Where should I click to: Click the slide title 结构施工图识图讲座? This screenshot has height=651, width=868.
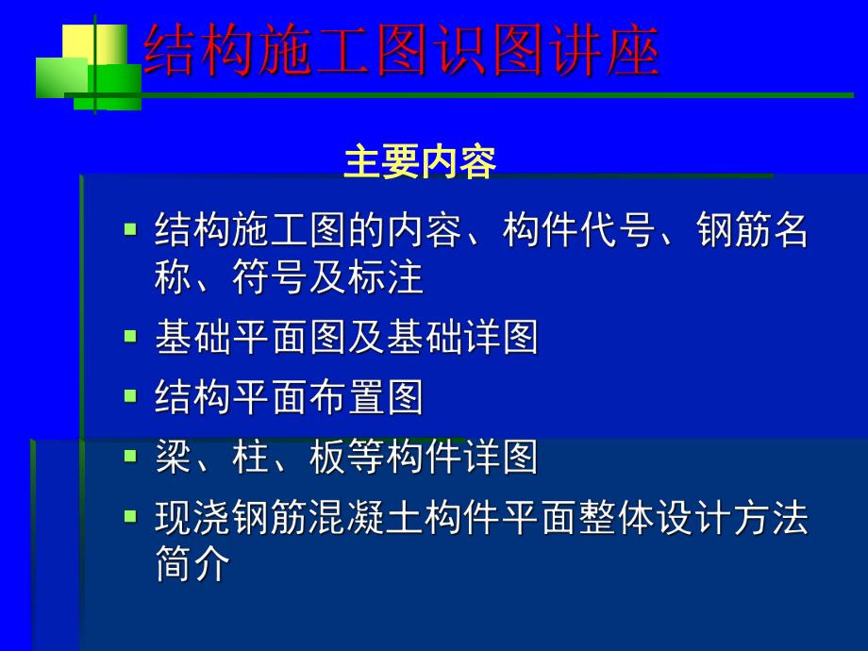[x=401, y=52]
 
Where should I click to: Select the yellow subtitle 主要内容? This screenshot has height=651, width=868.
[x=420, y=162]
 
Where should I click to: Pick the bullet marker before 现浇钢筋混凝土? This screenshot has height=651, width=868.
[x=130, y=515]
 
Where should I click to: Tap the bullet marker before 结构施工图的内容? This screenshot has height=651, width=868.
[x=130, y=227]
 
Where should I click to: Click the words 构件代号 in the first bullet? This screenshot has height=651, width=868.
[x=577, y=230]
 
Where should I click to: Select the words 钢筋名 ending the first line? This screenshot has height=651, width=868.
[x=752, y=230]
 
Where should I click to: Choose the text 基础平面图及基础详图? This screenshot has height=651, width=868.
[x=346, y=338]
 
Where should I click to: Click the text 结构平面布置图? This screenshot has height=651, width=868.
[x=289, y=398]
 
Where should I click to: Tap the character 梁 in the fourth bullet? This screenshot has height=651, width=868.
[x=173, y=458]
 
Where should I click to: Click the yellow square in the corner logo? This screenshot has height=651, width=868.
[x=94, y=43]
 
